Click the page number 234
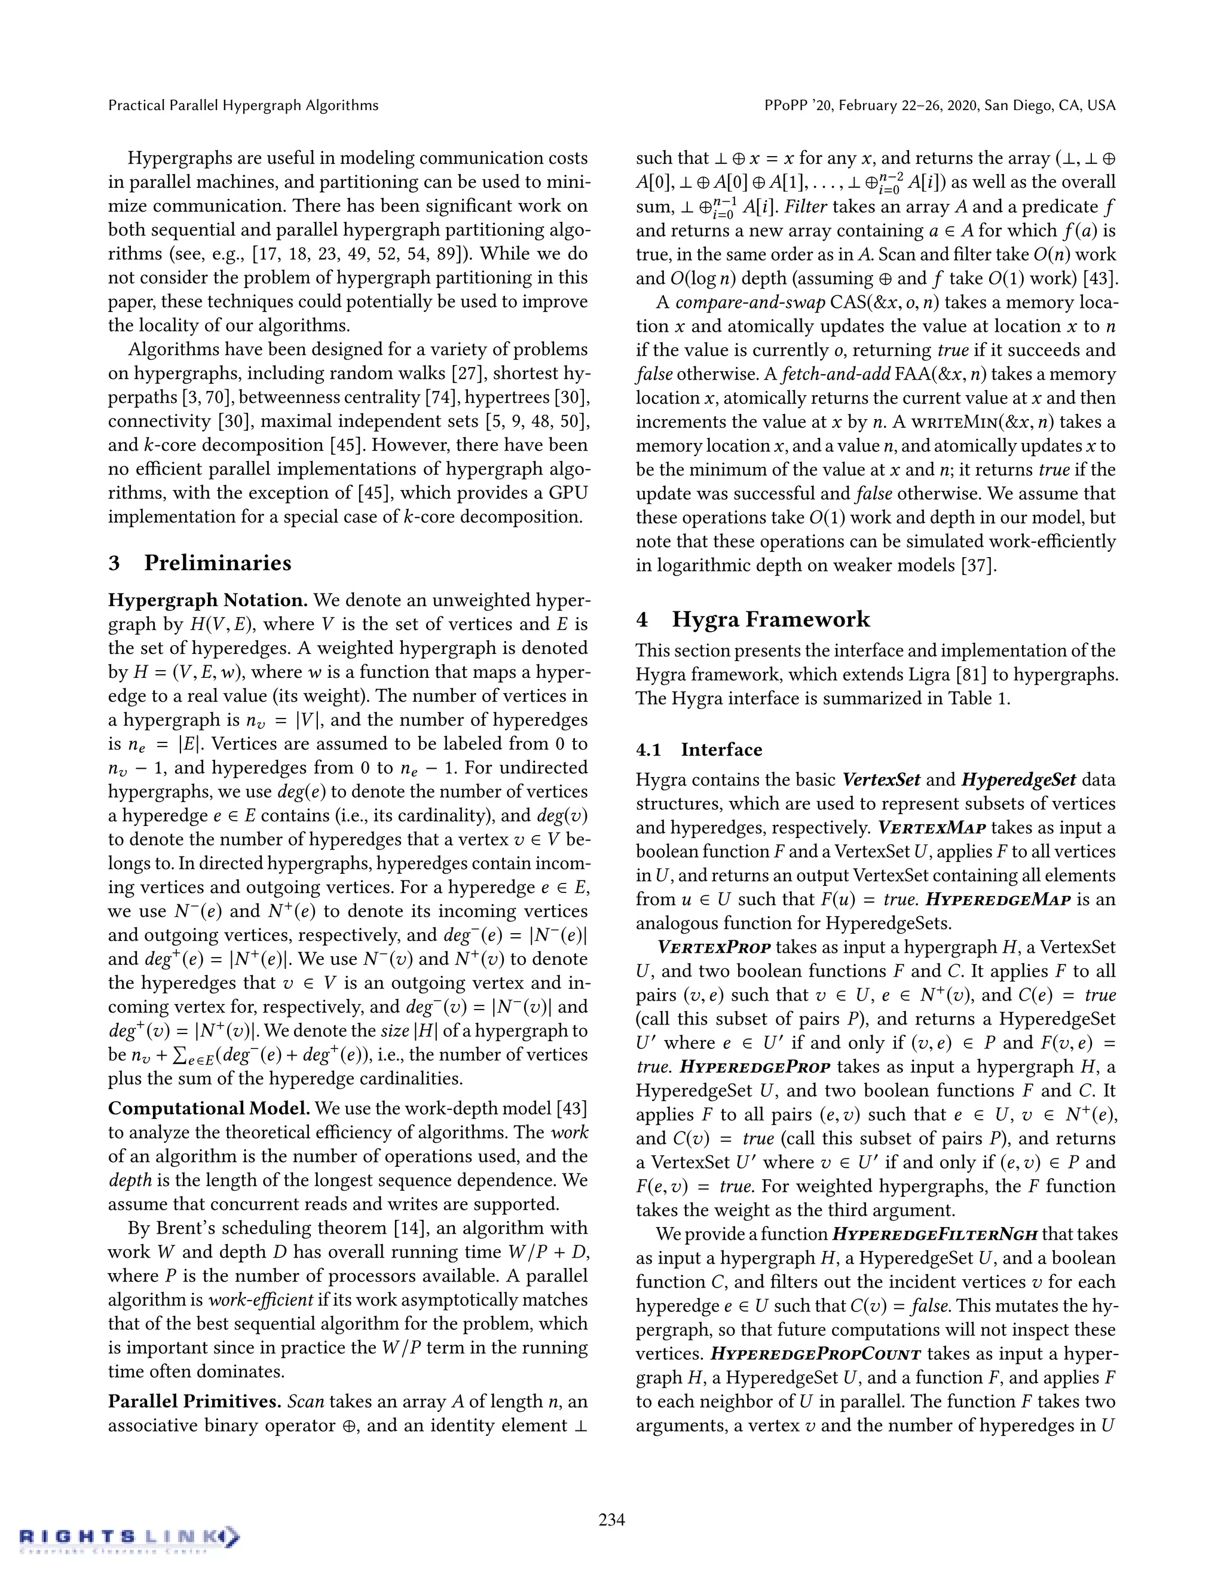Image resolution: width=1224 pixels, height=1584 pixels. point(611,1519)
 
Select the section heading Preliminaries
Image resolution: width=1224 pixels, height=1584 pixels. point(218,563)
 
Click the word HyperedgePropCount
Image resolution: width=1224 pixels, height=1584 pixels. point(815,1354)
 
